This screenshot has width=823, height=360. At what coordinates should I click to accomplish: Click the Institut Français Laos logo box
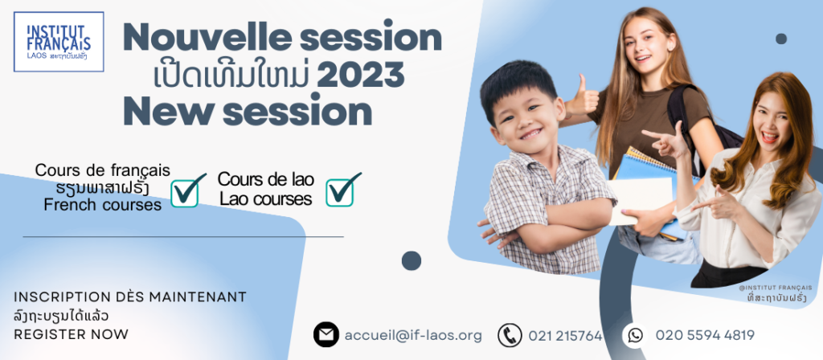point(59,42)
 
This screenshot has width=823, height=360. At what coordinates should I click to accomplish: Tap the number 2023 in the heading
point(361,76)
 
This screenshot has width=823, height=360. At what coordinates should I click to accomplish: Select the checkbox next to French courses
point(187,190)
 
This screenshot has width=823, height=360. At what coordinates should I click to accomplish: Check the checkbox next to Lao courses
point(342,190)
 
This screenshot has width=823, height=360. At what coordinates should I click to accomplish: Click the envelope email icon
point(326,335)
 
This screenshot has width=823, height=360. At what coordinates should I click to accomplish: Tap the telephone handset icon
point(510,335)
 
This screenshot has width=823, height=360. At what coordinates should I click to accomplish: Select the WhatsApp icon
point(635,335)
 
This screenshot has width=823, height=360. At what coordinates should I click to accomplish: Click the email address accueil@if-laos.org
point(413,335)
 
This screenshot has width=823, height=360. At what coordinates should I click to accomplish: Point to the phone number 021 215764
point(565,336)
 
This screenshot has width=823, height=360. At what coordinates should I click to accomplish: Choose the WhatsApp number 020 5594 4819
point(705,335)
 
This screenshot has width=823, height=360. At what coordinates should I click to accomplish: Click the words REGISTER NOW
point(71,334)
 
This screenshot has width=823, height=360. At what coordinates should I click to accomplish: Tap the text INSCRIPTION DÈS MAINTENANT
point(130,297)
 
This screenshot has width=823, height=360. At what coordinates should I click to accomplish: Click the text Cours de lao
point(265,179)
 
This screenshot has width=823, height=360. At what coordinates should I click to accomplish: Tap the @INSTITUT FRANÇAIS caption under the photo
point(775,288)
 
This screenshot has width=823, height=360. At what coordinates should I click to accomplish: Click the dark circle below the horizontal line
point(411,261)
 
